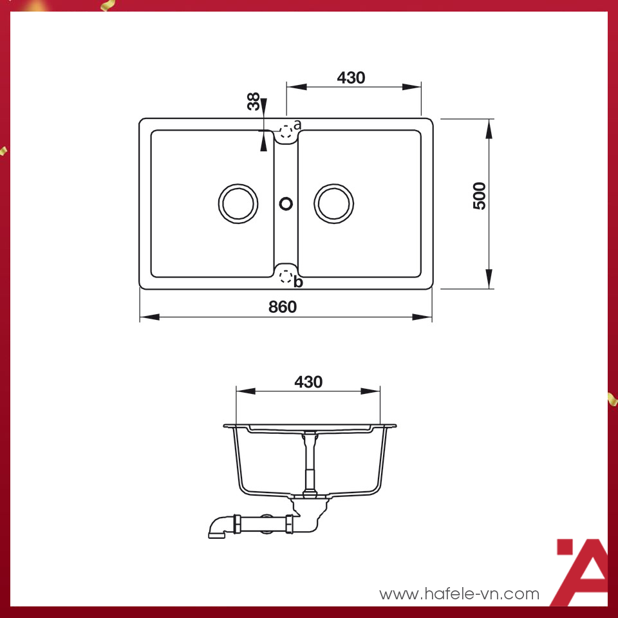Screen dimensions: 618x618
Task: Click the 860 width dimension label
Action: [283, 307]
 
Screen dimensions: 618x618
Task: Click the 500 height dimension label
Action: [480, 196]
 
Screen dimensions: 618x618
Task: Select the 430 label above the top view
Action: [351, 78]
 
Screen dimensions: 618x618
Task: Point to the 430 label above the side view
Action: [308, 382]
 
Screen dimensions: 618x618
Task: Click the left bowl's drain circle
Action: [238, 203]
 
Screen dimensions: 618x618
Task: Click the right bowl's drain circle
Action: [333, 203]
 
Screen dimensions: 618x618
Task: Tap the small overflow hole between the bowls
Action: [286, 203]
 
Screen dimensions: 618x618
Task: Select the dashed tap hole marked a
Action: [286, 131]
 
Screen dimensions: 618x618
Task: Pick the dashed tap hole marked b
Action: [286, 277]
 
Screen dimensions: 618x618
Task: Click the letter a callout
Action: [297, 124]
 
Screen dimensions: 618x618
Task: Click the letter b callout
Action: [297, 283]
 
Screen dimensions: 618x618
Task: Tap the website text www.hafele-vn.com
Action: [459, 594]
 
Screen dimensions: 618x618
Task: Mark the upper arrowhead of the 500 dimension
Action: [489, 128]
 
